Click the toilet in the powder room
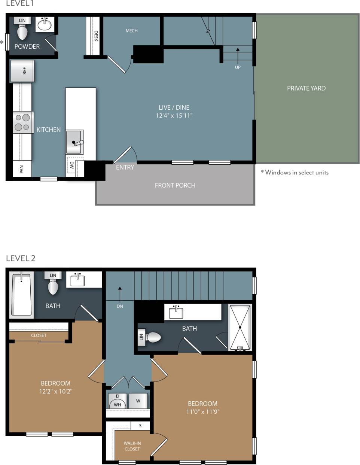click(x=22, y=32)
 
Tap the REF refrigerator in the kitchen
click(x=22, y=71)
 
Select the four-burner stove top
click(x=22, y=122)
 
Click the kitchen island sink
click(x=74, y=142)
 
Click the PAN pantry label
click(x=22, y=169)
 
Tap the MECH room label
click(x=131, y=31)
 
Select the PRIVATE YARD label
click(x=306, y=88)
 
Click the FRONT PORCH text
click(x=175, y=185)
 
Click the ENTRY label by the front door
click(x=125, y=167)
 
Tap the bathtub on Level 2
click(x=21, y=294)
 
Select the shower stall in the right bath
click(x=240, y=328)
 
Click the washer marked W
click(x=138, y=401)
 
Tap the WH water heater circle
click(x=118, y=404)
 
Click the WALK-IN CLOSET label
click(x=132, y=446)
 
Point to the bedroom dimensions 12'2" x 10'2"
click(x=56, y=391)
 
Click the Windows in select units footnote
click(x=295, y=173)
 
